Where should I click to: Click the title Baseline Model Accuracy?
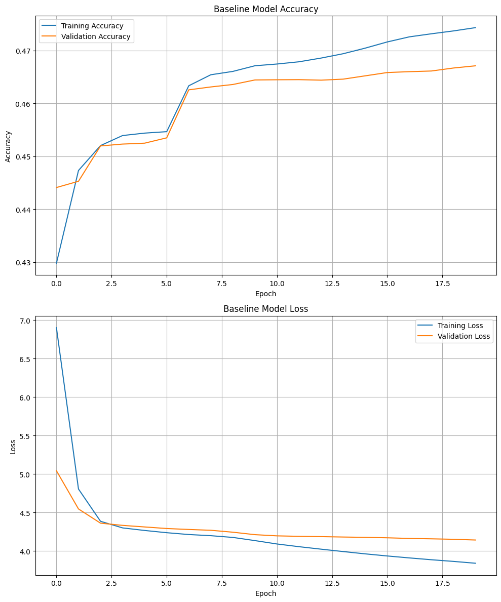pyautogui.click(x=266, y=9)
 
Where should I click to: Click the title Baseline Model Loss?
pyautogui.click(x=266, y=308)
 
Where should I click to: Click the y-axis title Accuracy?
pyautogui.click(x=8, y=146)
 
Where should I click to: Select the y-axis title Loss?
pyautogui.click(x=13, y=448)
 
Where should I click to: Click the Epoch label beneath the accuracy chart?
pyautogui.click(x=266, y=294)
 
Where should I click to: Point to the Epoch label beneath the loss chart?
pyautogui.click(x=266, y=593)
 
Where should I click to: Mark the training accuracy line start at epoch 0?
pyautogui.click(x=56, y=263)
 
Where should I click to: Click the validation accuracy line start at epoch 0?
pyautogui.click(x=56, y=188)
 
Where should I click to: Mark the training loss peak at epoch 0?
pyautogui.click(x=56, y=328)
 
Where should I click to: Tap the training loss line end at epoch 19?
pyautogui.click(x=476, y=563)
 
